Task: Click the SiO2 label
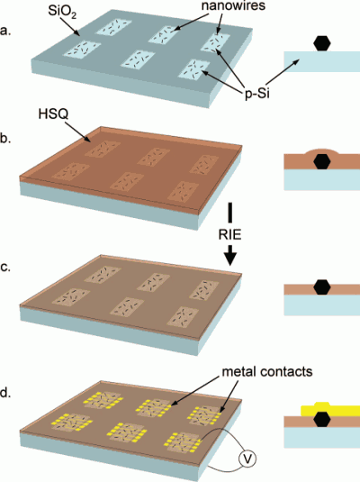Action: coord(62,13)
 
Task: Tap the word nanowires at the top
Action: coord(233,5)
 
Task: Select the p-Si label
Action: coord(256,93)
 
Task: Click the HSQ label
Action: coord(53,114)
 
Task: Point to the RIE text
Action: coord(229,235)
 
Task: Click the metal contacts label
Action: coord(267,372)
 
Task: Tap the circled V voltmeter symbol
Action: coord(247,459)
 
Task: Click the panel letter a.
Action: coord(5,32)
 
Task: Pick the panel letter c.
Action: coord(5,268)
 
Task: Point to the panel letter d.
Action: coord(5,393)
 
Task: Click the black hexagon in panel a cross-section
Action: coord(322,43)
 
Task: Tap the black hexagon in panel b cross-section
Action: coord(322,162)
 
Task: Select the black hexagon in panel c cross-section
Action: coord(322,287)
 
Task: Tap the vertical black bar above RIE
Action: coord(230,213)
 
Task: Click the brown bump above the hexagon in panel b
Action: coord(322,151)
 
